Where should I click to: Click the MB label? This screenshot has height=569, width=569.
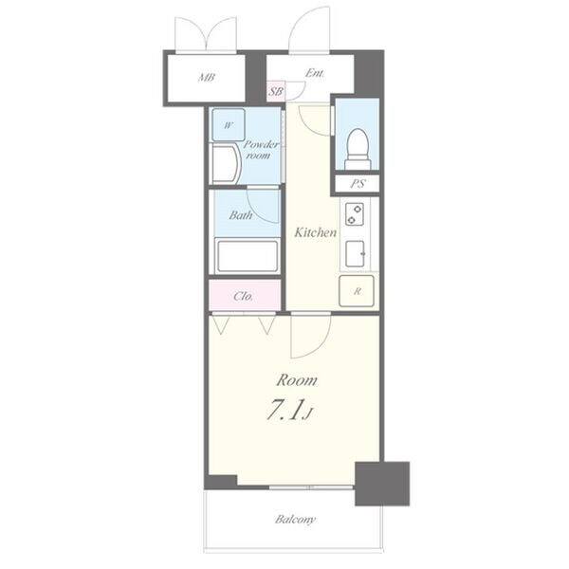click(206, 78)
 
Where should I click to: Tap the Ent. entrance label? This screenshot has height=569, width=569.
click(314, 73)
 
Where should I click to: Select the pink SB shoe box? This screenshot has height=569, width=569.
click(276, 91)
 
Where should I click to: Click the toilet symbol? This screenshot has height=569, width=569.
click(358, 149)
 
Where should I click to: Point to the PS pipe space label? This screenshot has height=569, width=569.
click(358, 184)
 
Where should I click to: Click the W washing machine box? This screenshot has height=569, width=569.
click(229, 125)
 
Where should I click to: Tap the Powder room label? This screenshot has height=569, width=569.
click(261, 150)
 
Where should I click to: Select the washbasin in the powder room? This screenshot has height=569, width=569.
click(225, 164)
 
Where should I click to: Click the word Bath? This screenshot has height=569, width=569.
click(241, 215)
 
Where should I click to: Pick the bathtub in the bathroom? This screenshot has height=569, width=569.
click(248, 256)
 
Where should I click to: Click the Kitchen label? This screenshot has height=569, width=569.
click(316, 232)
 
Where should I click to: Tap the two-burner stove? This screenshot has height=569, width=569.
click(355, 214)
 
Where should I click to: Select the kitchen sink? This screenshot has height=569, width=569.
click(355, 253)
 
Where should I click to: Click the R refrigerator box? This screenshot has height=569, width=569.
click(357, 291)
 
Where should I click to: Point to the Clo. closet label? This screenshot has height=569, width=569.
click(244, 297)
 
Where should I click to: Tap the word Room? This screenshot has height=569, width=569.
click(297, 380)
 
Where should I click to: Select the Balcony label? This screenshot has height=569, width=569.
click(295, 520)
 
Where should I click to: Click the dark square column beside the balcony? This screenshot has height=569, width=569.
click(382, 484)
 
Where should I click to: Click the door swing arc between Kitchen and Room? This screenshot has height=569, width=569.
click(320, 345)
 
